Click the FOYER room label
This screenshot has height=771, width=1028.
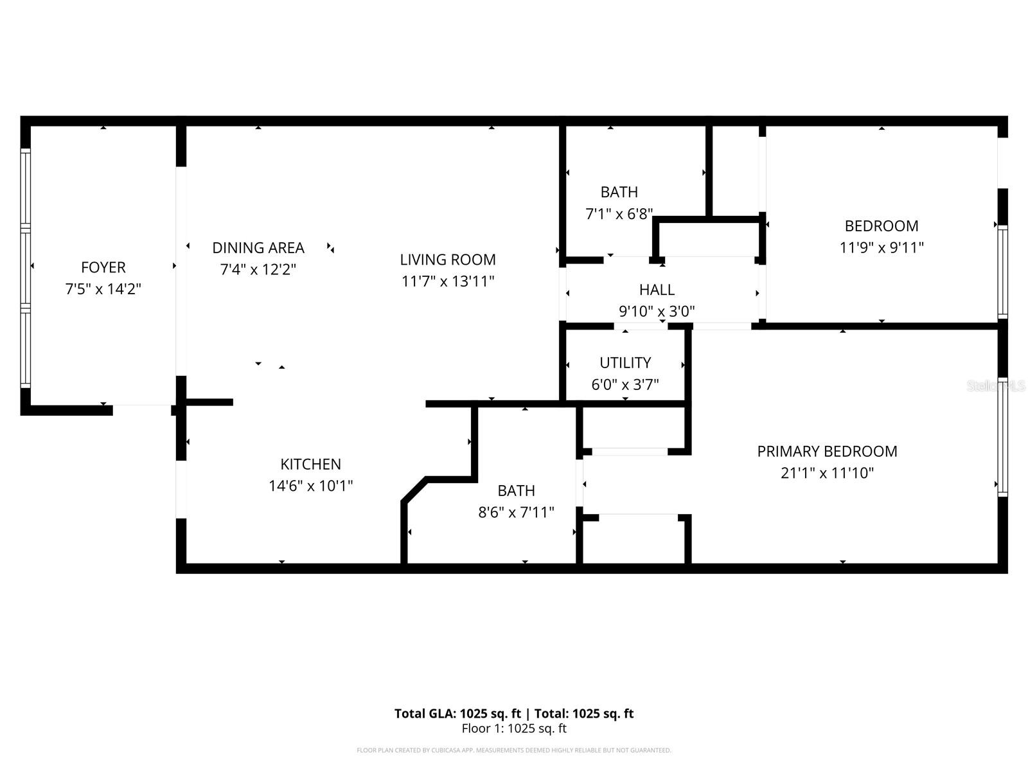pyautogui.click(x=103, y=267)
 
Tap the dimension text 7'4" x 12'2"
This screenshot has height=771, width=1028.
pyautogui.click(x=258, y=270)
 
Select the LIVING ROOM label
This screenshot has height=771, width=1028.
pyautogui.click(x=448, y=260)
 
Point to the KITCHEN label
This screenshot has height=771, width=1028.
pyautogui.click(x=310, y=464)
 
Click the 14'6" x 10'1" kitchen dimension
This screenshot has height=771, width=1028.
pyautogui.click(x=310, y=486)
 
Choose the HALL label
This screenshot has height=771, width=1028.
pyautogui.click(x=657, y=290)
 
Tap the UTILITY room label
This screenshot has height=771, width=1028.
pyautogui.click(x=625, y=362)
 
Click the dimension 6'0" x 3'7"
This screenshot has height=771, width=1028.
pyautogui.click(x=625, y=385)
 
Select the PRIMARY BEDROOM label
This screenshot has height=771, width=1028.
pyautogui.click(x=827, y=451)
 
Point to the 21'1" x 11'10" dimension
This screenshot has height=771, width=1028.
pyautogui.click(x=827, y=474)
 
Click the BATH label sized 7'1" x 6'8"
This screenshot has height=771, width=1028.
pyautogui.click(x=619, y=192)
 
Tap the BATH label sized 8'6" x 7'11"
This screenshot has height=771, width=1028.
pyautogui.click(x=516, y=491)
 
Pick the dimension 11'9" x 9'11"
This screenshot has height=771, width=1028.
pyautogui.click(x=882, y=247)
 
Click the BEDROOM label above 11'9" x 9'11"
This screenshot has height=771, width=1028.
pyautogui.click(x=882, y=226)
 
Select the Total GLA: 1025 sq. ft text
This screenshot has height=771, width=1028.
pyautogui.click(x=457, y=713)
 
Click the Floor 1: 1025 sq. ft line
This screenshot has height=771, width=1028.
pyautogui.click(x=514, y=729)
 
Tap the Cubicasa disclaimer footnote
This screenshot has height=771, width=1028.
pyautogui.click(x=514, y=750)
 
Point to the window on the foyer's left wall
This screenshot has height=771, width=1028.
pyautogui.click(x=26, y=267)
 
